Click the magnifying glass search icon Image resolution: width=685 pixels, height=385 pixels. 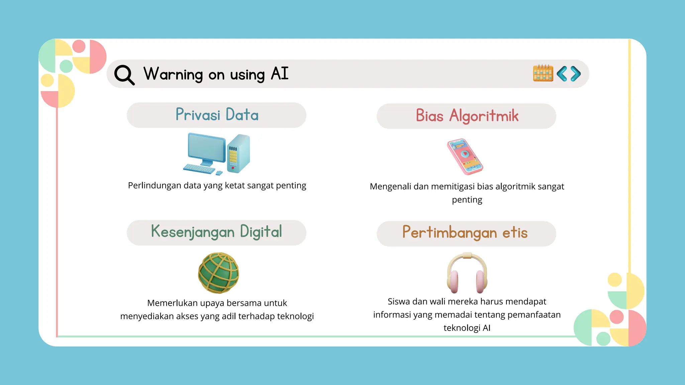pyautogui.click(x=124, y=75)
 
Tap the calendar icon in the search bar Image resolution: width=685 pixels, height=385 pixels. pyautogui.click(x=543, y=73)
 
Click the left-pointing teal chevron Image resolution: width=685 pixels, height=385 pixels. pyautogui.click(x=562, y=74)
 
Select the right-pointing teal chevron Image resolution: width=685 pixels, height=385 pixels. pyautogui.click(x=576, y=74)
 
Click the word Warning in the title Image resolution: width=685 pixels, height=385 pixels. pyautogui.click(x=173, y=74)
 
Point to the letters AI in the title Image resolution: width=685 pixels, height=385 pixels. pyautogui.click(x=280, y=73)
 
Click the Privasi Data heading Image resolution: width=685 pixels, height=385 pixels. pyautogui.click(x=217, y=115)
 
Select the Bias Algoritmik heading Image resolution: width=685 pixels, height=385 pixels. pyautogui.click(x=467, y=116)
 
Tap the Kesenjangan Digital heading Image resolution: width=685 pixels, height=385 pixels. pyautogui.click(x=216, y=232)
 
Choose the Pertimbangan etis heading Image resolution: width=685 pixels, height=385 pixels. pyautogui.click(x=465, y=233)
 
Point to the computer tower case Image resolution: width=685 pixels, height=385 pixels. pyautogui.click(x=238, y=153)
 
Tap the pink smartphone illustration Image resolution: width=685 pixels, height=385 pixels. pyautogui.click(x=465, y=156)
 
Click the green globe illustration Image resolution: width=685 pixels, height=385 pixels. pyautogui.click(x=218, y=273)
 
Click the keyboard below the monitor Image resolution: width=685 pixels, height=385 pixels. pyautogui.click(x=199, y=168)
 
